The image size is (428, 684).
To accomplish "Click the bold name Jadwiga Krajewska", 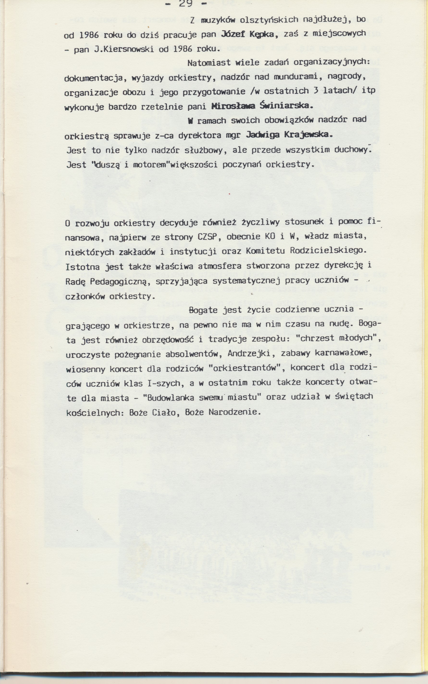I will tap(288, 135).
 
